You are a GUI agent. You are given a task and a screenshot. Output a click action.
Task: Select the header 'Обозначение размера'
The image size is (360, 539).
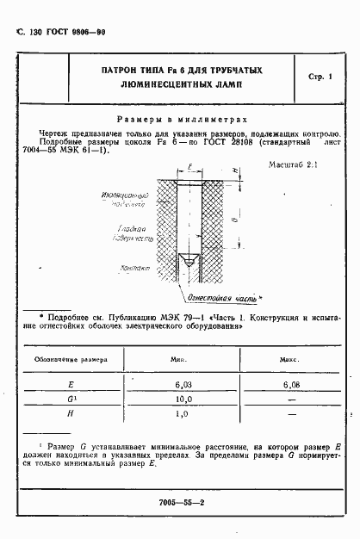coord(71,357)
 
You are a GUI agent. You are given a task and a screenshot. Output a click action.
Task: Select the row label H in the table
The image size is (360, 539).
coord(71,415)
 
